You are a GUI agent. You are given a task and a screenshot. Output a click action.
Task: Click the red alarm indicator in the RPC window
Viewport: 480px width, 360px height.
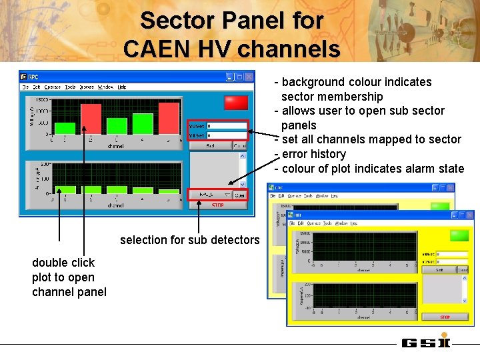pos(236,102)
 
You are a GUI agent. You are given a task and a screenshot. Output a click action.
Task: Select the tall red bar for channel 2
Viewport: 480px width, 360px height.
pos(90,121)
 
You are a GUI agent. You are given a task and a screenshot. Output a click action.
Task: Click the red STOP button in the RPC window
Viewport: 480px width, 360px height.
pos(217,205)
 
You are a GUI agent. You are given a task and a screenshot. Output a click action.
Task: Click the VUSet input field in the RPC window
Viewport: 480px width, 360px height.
pos(226,125)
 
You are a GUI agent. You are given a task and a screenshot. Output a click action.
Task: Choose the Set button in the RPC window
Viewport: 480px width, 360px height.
pos(210,145)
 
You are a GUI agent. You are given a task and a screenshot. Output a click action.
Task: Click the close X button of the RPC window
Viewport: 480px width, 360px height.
pos(249,77)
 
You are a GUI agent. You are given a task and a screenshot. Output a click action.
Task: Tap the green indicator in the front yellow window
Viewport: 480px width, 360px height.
pos(459,235)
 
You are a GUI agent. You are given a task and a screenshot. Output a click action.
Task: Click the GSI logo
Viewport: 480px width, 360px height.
pos(426,343)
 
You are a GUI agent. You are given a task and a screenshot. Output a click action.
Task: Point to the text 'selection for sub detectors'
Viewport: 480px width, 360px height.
pos(189,240)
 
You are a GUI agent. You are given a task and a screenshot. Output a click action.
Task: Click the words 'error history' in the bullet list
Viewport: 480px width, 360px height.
pos(313,154)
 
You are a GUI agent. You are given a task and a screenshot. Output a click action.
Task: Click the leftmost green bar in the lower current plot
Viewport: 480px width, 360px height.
pos(64,189)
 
